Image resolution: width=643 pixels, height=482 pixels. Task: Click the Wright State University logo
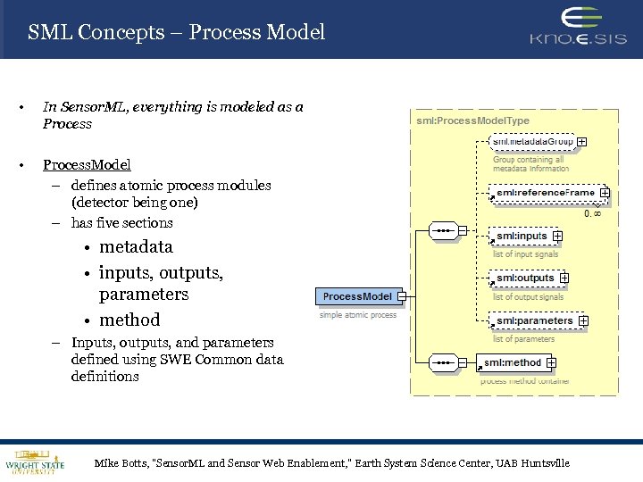coord(34,461)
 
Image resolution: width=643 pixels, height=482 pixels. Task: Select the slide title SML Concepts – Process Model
coord(176,33)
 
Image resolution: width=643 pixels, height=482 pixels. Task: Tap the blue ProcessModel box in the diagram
coord(357,296)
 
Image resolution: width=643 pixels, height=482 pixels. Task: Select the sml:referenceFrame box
coord(544,192)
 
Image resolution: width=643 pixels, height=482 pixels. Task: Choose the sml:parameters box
coord(533,320)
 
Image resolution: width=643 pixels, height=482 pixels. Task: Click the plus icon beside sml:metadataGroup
coord(582,141)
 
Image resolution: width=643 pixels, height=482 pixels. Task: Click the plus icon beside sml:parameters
coord(583,320)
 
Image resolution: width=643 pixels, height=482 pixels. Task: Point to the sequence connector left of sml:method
coord(443,362)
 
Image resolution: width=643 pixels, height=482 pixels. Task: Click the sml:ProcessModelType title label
coord(472,120)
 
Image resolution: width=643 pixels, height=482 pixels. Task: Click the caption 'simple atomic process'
coord(358,315)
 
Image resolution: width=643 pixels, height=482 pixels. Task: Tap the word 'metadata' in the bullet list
coord(136,247)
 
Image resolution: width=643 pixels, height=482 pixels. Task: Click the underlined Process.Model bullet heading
coord(87,165)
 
